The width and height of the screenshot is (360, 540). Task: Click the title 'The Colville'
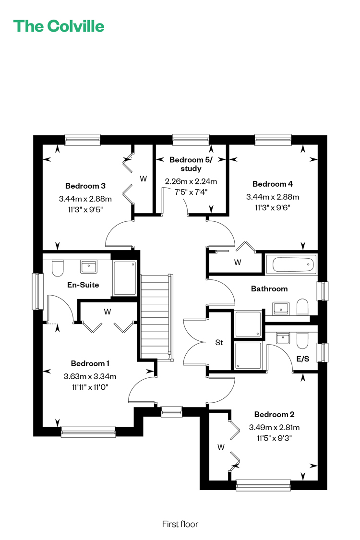coord(59,26)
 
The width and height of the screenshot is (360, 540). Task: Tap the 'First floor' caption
coord(180,524)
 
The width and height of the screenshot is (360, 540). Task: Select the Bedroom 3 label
coord(85,186)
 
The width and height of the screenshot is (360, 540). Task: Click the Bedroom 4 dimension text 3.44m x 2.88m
coord(273,197)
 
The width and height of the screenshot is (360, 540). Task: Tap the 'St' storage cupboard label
coord(219,342)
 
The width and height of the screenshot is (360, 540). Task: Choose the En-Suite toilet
coord(58,268)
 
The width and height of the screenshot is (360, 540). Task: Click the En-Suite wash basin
coord(88,266)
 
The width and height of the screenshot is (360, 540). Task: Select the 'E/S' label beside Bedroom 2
coord(303,359)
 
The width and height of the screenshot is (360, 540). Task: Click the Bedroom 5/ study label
coord(191,164)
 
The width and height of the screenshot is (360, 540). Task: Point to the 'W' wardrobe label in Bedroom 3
coord(144,179)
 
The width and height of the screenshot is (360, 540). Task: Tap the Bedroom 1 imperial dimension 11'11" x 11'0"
coord(90,387)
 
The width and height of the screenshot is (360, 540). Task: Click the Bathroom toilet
coord(302,307)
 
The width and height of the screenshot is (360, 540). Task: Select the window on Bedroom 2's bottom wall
coord(264,485)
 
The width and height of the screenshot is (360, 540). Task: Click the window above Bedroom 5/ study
coord(191,139)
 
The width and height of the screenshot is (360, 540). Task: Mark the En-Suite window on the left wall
coord(37,291)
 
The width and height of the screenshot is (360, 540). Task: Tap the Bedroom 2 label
coord(274,414)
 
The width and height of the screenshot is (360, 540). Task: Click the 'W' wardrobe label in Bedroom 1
coord(108,312)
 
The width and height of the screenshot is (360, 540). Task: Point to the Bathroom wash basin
coord(280,308)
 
